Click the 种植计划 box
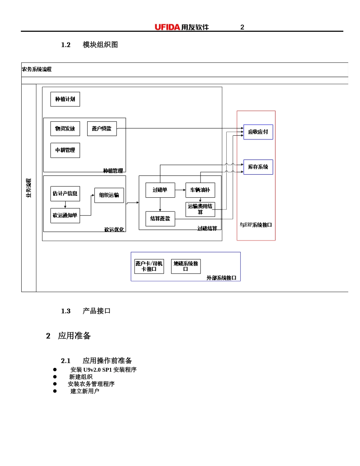pyautogui.click(x=65, y=99)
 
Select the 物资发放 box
pyautogui.click(x=65, y=129)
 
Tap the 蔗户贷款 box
pyautogui.click(x=102, y=129)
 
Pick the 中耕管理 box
pyautogui.click(x=65, y=150)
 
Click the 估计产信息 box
pyautogui.click(x=65, y=194)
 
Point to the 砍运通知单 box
pyautogui.click(x=65, y=216)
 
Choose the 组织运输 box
pyautogui.click(x=109, y=195)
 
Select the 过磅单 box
pyautogui.click(x=160, y=190)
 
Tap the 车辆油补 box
pyautogui.click(x=200, y=190)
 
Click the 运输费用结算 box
pyautogui.click(x=200, y=210)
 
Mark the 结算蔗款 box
pyautogui.click(x=160, y=219)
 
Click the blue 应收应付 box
pyautogui.click(x=258, y=132)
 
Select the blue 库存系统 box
pyautogui.click(x=258, y=167)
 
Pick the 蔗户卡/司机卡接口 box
pyautogui.click(x=149, y=266)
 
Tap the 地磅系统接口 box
pyautogui.click(x=186, y=266)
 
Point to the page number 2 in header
pyautogui.click(x=242, y=27)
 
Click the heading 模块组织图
pyautogui.click(x=100, y=45)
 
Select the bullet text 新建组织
pyautogui.click(x=81, y=377)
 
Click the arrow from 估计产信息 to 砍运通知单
pyautogui.click(x=65, y=205)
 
